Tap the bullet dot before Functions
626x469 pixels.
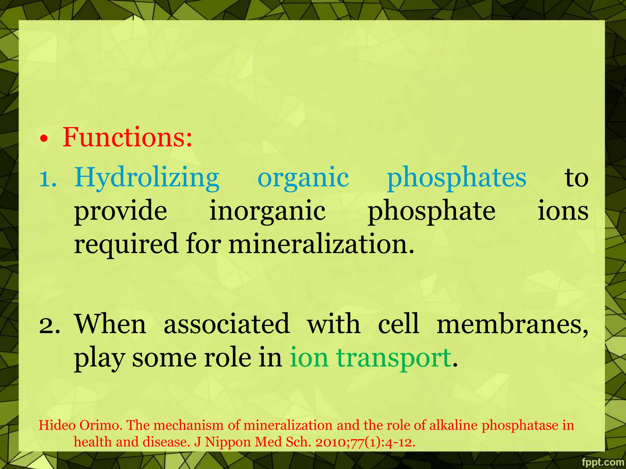[x=44, y=140]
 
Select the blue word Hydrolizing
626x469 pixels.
[x=147, y=178]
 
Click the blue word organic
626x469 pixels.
[x=303, y=178]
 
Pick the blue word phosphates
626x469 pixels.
[x=456, y=178]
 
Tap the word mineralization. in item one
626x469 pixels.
[x=321, y=244]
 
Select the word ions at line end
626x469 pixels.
[x=563, y=211]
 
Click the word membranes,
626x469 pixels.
[x=512, y=324]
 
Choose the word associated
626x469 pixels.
[x=226, y=324]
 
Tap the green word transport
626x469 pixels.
[x=393, y=358]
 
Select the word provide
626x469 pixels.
[x=120, y=211]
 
